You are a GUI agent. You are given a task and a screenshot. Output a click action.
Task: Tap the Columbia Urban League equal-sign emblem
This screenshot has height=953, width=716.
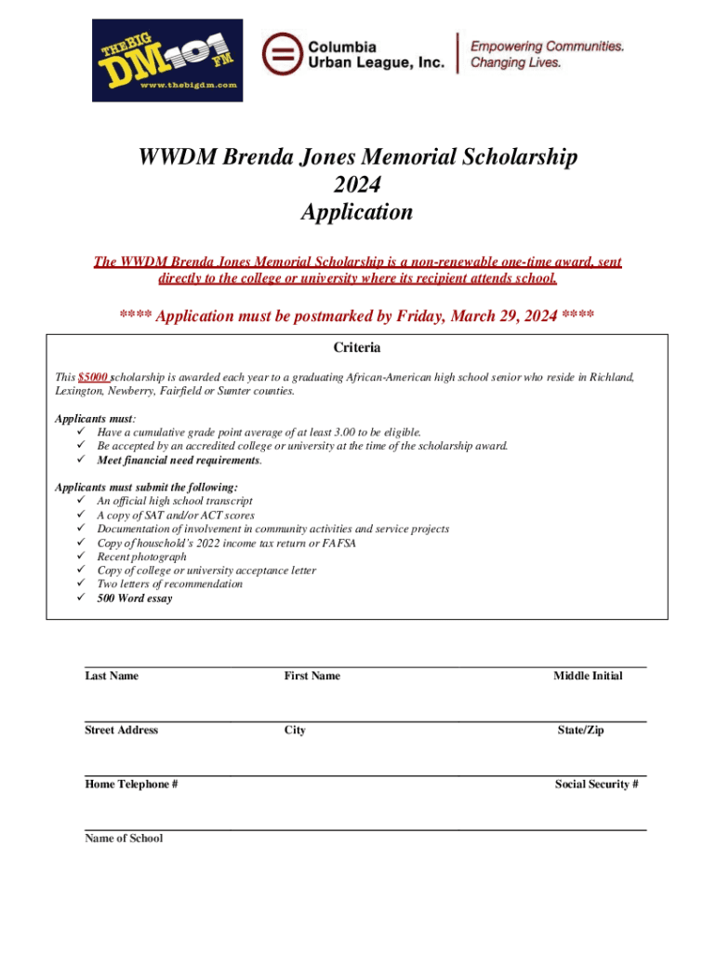coord(280,53)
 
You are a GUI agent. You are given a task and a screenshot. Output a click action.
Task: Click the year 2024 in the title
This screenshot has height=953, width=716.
coord(357,184)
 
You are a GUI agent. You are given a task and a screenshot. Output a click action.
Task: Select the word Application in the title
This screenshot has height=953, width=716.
coord(357,212)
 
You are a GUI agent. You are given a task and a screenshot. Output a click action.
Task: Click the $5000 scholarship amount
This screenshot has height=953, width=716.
coord(93,377)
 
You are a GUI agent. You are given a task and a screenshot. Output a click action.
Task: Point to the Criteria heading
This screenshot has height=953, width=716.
coord(357,348)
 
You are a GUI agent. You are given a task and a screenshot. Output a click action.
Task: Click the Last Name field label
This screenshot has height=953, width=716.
coord(112,676)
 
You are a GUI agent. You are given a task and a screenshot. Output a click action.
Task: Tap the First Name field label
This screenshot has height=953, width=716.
coord(312,676)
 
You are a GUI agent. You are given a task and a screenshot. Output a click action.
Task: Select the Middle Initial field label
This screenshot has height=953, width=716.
coord(588,676)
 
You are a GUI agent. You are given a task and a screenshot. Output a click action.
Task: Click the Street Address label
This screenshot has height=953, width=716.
coord(122,731)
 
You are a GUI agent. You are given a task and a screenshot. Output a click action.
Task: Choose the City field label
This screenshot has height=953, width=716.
coord(295,731)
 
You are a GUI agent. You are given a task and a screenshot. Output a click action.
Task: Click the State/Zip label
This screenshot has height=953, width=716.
coord(580,731)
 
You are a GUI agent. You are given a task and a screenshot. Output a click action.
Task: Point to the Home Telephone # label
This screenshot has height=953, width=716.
coord(132,785)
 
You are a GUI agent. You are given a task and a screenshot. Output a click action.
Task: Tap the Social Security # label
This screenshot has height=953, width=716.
coord(596,785)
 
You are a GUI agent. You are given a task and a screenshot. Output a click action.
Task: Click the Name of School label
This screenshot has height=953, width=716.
coord(124,839)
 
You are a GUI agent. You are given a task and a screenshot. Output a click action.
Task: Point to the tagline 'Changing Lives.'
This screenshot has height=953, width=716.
coord(516,62)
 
